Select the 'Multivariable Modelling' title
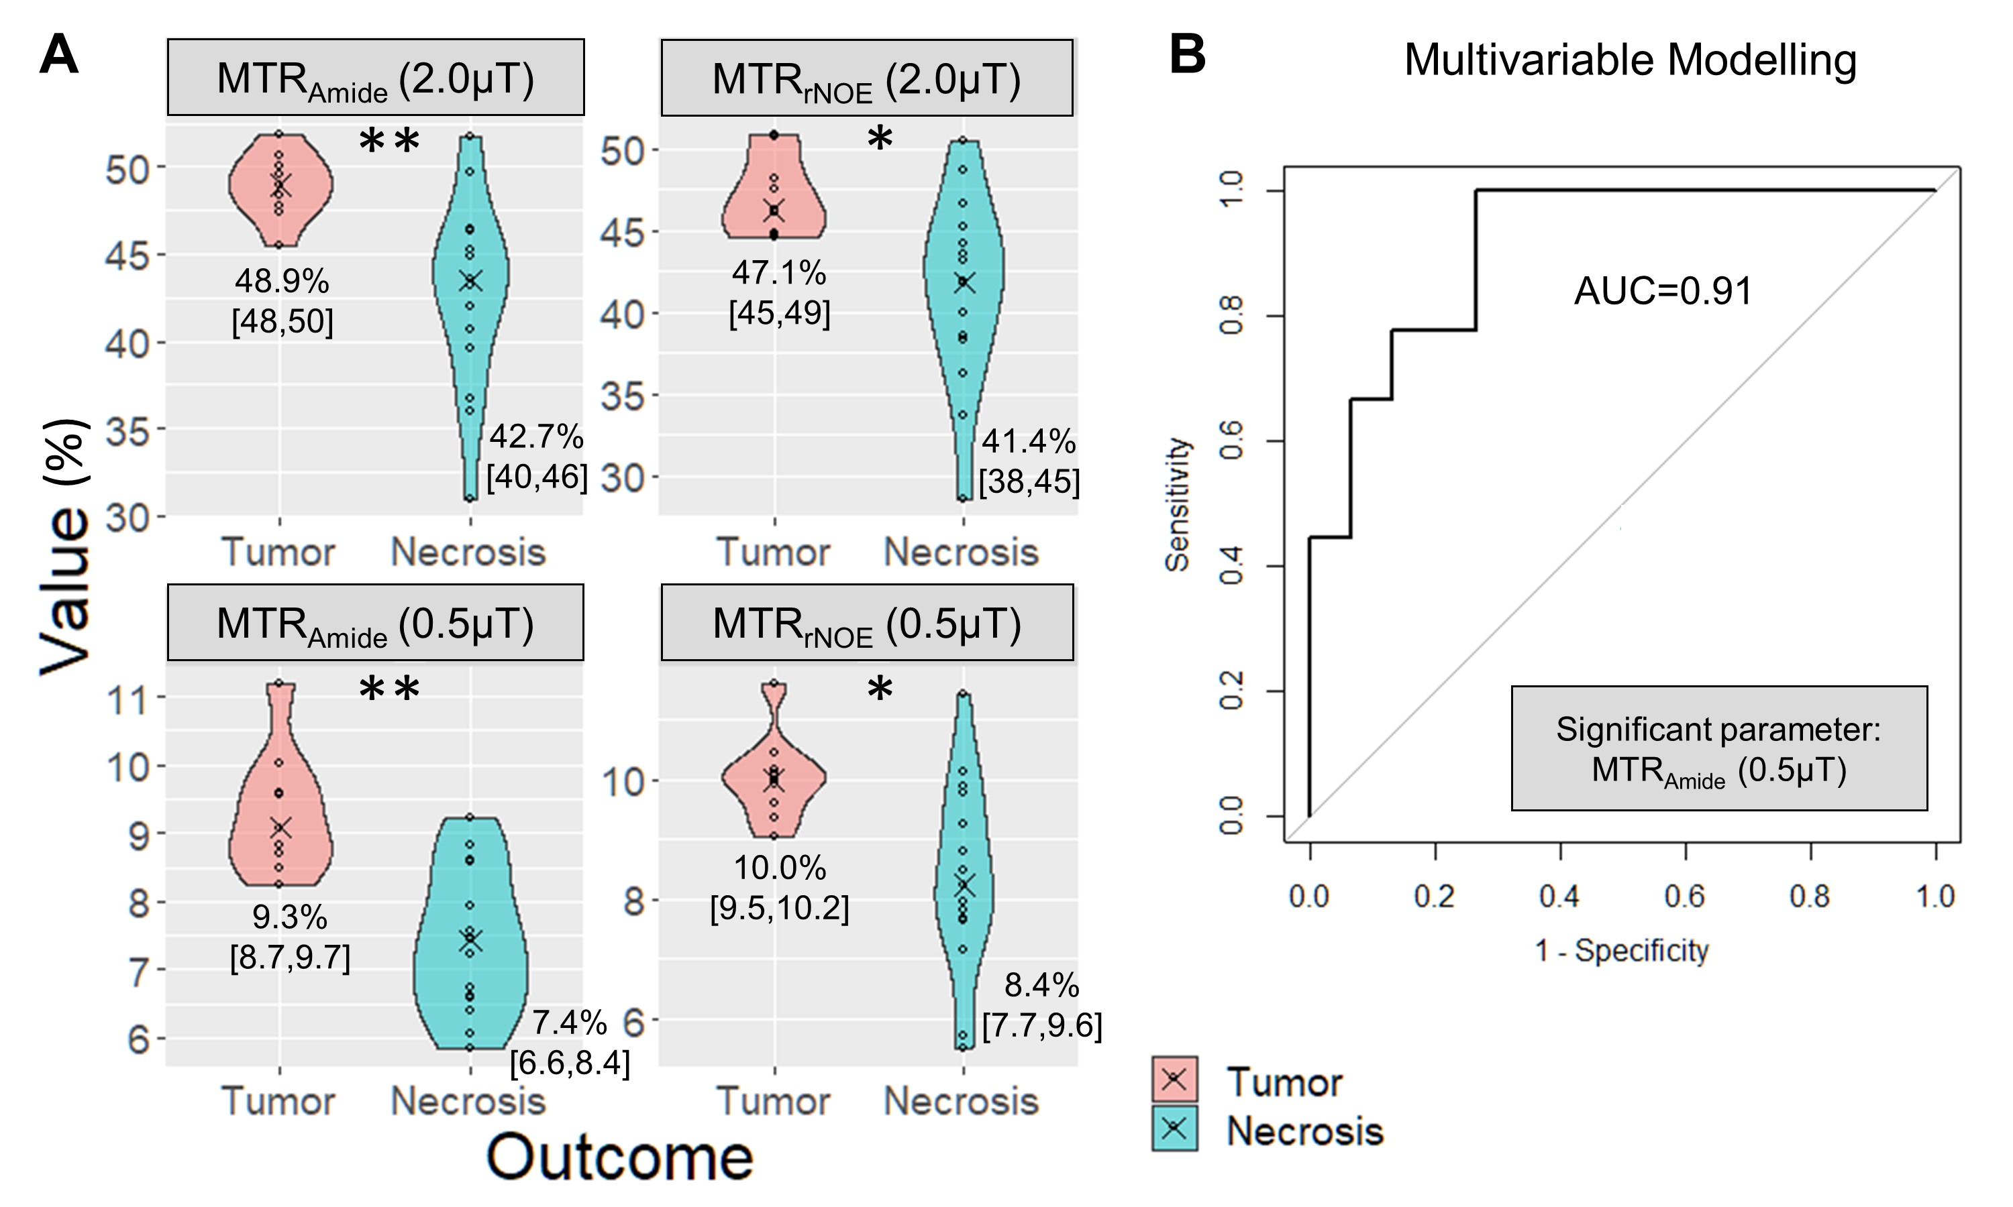pyautogui.click(x=1630, y=60)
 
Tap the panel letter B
pyautogui.click(x=1187, y=54)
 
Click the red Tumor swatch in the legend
pyautogui.click(x=1174, y=1080)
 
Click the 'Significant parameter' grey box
pyautogui.click(x=1718, y=748)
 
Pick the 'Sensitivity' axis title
pyautogui.click(x=1178, y=504)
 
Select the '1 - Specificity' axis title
pyautogui.click(x=1621, y=950)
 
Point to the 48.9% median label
pyautogui.click(x=282, y=282)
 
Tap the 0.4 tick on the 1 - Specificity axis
pyautogui.click(x=1559, y=897)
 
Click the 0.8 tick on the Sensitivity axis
pyautogui.click(x=1232, y=316)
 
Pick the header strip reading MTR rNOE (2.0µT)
pyautogui.click(x=866, y=80)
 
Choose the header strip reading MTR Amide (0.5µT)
pyautogui.click(x=375, y=624)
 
